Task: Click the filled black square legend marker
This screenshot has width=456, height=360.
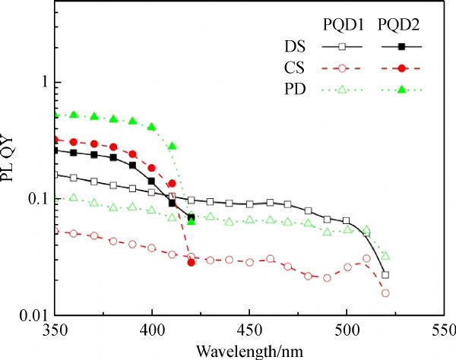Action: pos(400,47)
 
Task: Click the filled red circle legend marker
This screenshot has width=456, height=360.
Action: pos(400,69)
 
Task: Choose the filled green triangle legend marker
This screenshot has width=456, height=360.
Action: pos(400,90)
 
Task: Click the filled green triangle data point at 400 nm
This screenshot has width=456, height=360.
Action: pos(152,127)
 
